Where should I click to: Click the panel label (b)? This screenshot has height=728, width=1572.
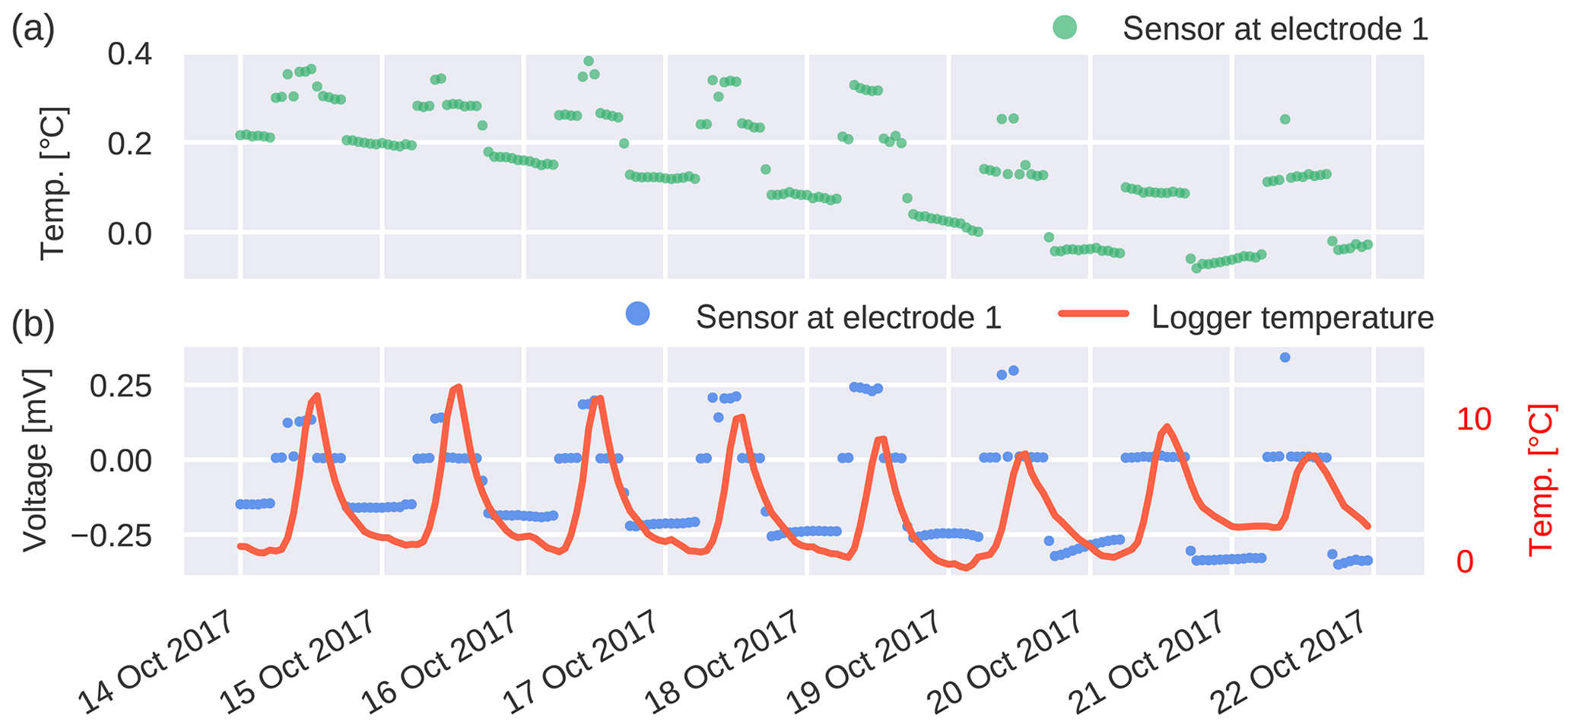click(33, 323)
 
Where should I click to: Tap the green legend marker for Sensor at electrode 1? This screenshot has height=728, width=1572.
click(1065, 28)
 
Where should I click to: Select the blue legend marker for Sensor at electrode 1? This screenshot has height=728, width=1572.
click(637, 314)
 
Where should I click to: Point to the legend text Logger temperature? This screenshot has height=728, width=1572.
click(1292, 317)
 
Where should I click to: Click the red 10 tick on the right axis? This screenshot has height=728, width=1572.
click(1474, 420)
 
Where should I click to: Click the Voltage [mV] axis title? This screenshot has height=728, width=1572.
click(37, 460)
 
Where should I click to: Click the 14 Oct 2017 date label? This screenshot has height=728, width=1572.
click(156, 662)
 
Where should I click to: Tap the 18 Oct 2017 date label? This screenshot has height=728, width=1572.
click(722, 662)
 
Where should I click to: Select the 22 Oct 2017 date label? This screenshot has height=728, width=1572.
click(1289, 662)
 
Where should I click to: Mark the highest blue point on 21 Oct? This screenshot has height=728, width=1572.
click(1285, 357)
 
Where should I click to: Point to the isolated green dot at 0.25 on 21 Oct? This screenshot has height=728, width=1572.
click(1285, 119)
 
